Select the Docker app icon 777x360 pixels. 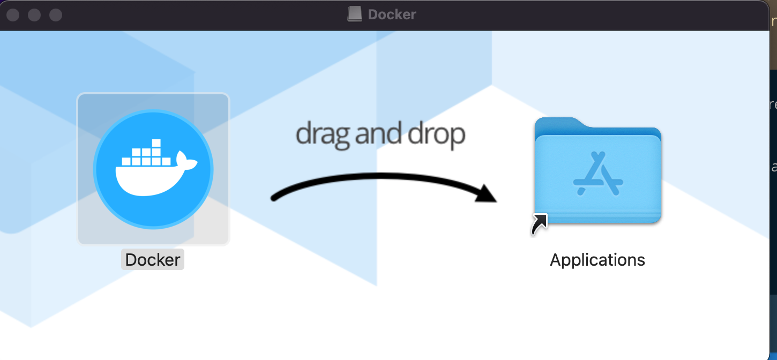(x=153, y=169)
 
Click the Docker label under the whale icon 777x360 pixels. (x=153, y=260)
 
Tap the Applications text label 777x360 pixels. (x=597, y=260)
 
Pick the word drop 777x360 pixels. (x=436, y=136)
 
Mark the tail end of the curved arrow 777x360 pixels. (x=274, y=198)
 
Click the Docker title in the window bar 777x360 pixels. (x=392, y=14)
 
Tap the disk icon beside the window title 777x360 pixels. (x=354, y=14)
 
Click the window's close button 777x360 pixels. (x=13, y=15)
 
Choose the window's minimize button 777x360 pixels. (x=34, y=15)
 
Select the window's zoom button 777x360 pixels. (x=56, y=15)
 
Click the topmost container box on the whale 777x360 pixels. (x=156, y=143)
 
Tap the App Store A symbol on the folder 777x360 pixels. (x=597, y=174)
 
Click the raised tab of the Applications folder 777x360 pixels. (x=557, y=125)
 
